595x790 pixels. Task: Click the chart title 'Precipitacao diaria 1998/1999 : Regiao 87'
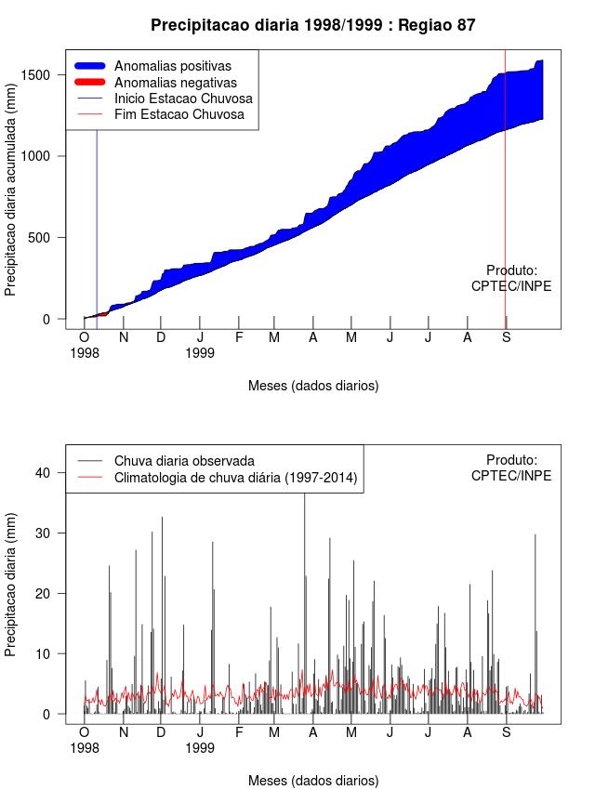[x=312, y=25]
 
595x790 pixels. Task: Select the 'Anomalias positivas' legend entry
[x=172, y=66]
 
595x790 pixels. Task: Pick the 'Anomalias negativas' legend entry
[x=174, y=82]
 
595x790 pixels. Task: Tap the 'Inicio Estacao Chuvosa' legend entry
[x=183, y=99]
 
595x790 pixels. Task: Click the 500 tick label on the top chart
[x=41, y=237]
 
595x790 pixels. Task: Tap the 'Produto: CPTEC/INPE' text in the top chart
[x=511, y=278]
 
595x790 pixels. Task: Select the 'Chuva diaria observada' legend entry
[x=184, y=460]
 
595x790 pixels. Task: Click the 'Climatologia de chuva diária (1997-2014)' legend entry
[x=236, y=478]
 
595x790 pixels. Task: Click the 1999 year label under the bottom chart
[x=200, y=746]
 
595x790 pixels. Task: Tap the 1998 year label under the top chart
[x=85, y=352]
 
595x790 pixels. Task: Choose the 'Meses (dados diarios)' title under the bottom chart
[x=313, y=780]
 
